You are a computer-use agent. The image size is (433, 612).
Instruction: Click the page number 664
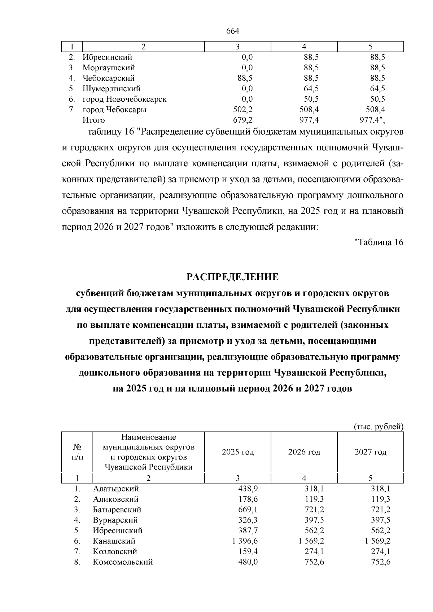233,31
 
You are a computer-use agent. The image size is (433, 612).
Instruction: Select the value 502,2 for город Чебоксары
243,110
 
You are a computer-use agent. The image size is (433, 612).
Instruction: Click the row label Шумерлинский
111,89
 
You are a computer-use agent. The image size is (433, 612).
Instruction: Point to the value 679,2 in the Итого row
243,120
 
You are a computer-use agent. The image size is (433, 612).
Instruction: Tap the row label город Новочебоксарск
124,99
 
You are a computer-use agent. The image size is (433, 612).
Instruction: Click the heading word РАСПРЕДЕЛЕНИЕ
232,277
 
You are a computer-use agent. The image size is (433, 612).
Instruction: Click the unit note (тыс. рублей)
378,427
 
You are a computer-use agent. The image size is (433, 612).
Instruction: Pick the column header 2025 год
237,452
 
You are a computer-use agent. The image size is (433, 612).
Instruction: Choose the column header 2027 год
370,452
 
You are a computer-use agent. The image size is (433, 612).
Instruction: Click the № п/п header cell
77,452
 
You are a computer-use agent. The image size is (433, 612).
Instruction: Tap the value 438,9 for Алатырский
248,489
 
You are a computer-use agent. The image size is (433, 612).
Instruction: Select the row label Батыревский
117,510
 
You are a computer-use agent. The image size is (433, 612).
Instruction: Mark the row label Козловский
115,552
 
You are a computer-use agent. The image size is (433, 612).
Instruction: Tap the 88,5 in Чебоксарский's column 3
245,78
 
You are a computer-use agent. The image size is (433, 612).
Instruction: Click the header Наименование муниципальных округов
149,442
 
